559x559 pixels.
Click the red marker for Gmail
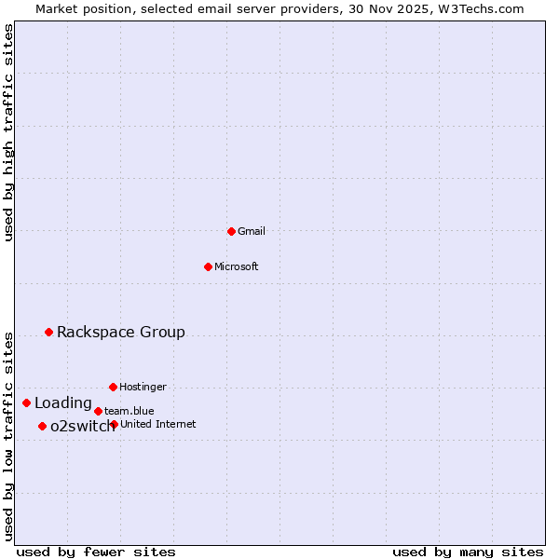[231, 231]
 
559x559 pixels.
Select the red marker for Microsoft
[208, 266]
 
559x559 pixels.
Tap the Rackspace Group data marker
[48, 332]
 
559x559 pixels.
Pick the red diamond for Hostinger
[113, 387]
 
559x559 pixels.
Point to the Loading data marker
[26, 402]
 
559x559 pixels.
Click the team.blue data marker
[98, 411]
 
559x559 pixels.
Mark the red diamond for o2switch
[42, 426]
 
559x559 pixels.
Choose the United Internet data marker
[114, 424]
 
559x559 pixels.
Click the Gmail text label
[252, 231]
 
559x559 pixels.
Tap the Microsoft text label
[237, 266]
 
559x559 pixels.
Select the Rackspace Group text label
[121, 332]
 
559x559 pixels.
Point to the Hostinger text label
[143, 387]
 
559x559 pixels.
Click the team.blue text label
[130, 411]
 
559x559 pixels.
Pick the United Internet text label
[158, 424]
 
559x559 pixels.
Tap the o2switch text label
[82, 426]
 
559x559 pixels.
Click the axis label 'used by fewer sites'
[96, 552]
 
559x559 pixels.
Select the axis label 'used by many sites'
[468, 552]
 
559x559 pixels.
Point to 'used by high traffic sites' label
[9, 132]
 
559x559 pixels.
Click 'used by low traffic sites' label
[9, 435]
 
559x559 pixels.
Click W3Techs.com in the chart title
[481, 9]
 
